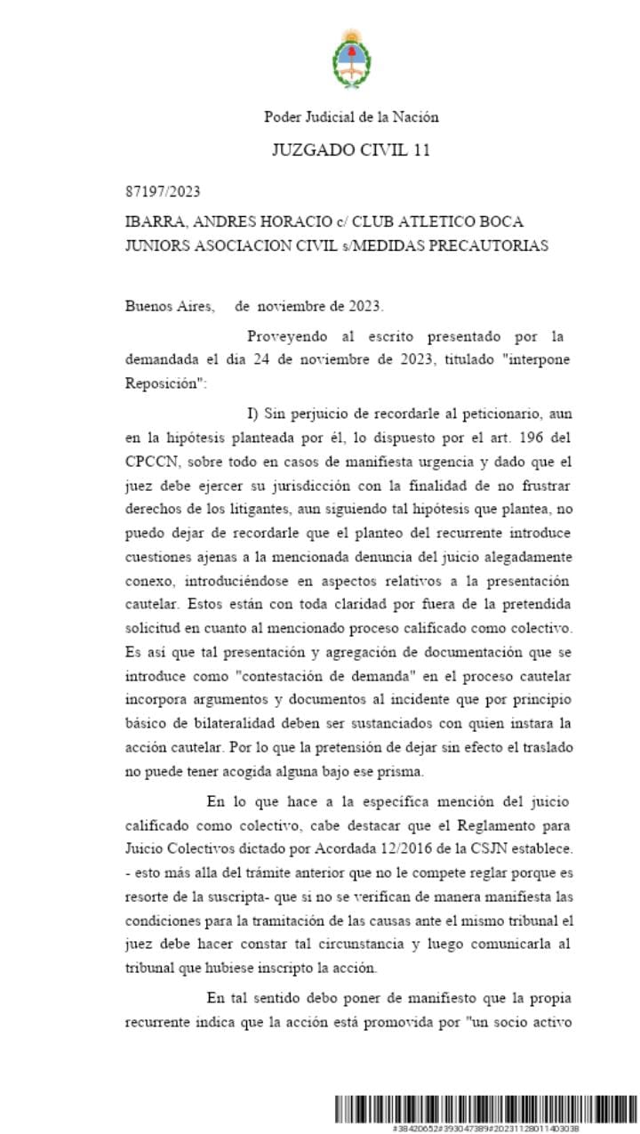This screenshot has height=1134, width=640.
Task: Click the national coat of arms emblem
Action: pos(351,59)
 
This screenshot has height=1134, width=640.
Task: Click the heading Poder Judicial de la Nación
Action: pos(351,117)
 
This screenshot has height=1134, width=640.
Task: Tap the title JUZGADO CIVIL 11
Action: pos(351,150)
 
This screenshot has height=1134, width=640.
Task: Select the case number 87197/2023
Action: pos(163,192)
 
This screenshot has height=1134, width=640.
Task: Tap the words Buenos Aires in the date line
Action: pos(170,307)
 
